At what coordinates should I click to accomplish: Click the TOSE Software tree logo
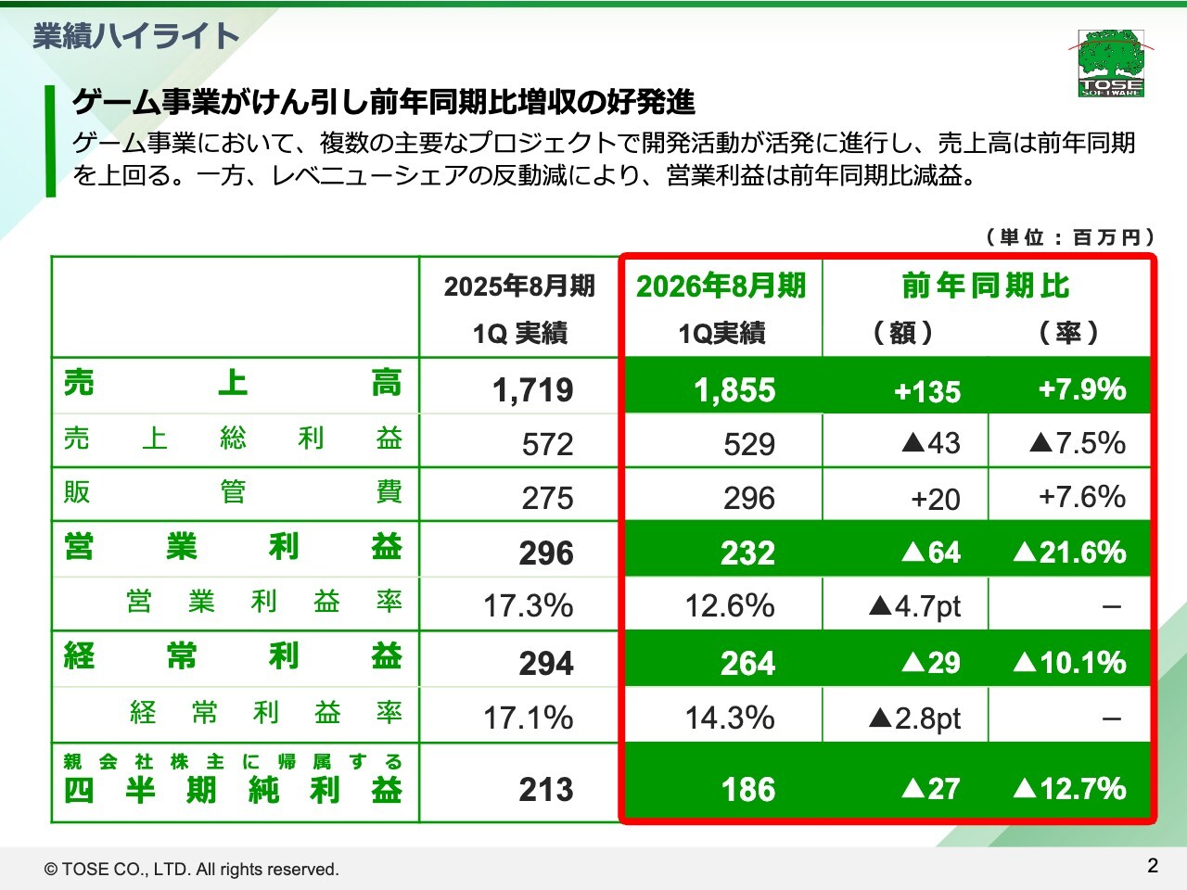(1111, 62)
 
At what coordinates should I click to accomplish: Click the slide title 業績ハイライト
(136, 35)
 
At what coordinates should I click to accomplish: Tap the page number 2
(1153, 866)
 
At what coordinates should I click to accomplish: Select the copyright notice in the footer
(192, 870)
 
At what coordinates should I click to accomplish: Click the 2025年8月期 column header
(519, 286)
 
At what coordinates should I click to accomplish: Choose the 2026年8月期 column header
(721, 286)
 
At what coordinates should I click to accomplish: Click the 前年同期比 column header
(986, 286)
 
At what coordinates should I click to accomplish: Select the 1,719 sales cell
(532, 390)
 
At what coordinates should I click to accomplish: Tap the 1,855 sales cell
(734, 390)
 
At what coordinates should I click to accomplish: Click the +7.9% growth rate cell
(1081, 389)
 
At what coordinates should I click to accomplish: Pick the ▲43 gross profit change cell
(930, 443)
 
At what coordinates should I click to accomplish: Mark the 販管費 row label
(233, 491)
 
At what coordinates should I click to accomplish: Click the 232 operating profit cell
(747, 553)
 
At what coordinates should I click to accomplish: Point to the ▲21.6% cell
(1069, 553)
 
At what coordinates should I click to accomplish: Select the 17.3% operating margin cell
(528, 606)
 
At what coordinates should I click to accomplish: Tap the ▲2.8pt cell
(914, 718)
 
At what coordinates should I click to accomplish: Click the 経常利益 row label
(233, 656)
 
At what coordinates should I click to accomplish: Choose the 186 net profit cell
(747, 790)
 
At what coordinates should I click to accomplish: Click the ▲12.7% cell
(1069, 789)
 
